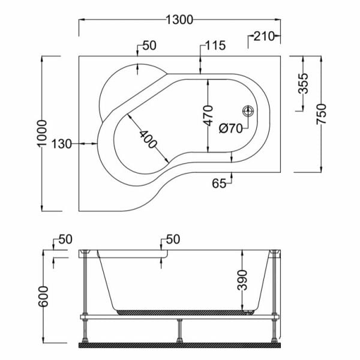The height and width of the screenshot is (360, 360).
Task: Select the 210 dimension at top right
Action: point(264,37)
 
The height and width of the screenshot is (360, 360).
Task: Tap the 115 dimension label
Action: point(214,46)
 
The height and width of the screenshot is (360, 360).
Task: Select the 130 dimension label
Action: point(62,143)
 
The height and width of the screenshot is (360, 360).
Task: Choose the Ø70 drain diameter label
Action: point(230,127)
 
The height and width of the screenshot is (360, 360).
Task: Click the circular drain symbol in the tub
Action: point(248,111)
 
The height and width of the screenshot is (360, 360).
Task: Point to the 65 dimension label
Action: point(220,184)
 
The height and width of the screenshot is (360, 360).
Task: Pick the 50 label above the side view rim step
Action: point(173,239)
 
